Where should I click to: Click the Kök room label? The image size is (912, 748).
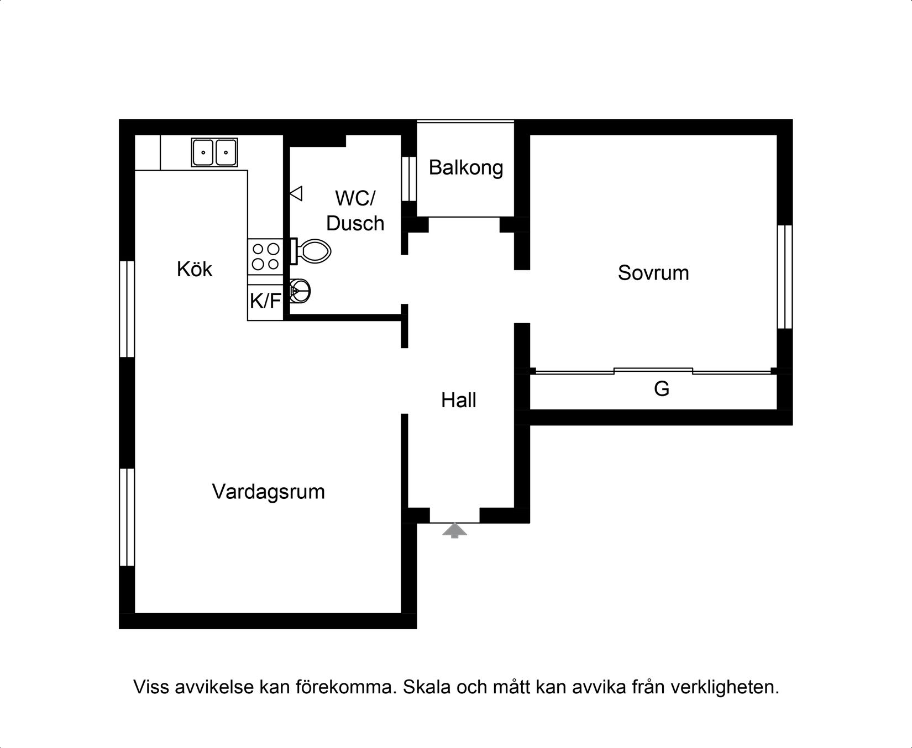pos(195,269)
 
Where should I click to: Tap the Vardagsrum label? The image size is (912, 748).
pos(268,492)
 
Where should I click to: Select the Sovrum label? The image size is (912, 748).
pos(653,273)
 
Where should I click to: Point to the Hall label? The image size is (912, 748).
pos(459,400)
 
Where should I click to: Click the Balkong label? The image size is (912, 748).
pos(466,167)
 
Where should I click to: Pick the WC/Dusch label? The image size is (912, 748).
pos(355,210)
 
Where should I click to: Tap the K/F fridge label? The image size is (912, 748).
pos(265,302)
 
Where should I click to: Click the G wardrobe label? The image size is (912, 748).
pos(662,389)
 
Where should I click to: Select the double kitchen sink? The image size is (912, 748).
pos(214,152)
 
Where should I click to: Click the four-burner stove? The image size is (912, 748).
pos(265,256)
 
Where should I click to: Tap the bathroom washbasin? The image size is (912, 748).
pos(300,291)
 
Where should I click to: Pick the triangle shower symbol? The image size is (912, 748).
pos(297,193)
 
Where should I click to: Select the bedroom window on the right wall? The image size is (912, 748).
pos(785,276)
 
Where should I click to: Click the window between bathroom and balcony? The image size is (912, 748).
pos(409,178)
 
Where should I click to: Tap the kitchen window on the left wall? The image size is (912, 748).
pos(127,309)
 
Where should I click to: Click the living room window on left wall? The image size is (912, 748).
pos(127,517)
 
